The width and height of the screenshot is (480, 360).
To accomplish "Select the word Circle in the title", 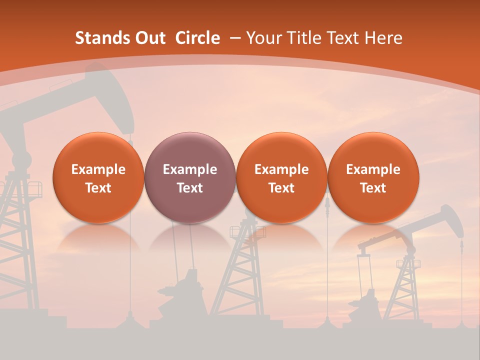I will (197, 38).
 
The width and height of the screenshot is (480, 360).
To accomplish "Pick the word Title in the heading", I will (303, 38).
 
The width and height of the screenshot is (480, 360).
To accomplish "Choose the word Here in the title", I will (383, 38).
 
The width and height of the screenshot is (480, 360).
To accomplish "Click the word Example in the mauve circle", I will (190, 169).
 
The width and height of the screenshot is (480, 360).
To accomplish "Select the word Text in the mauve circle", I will (190, 188).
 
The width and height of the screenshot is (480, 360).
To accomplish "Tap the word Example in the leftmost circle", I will (98, 169).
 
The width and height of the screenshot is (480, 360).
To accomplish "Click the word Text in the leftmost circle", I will (98, 188).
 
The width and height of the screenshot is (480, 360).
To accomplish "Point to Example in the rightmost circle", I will (373, 169).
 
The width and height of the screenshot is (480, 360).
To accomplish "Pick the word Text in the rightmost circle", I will (373, 188).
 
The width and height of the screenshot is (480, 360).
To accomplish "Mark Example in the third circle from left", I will (281, 169).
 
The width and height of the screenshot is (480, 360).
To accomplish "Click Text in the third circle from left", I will (281, 188).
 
